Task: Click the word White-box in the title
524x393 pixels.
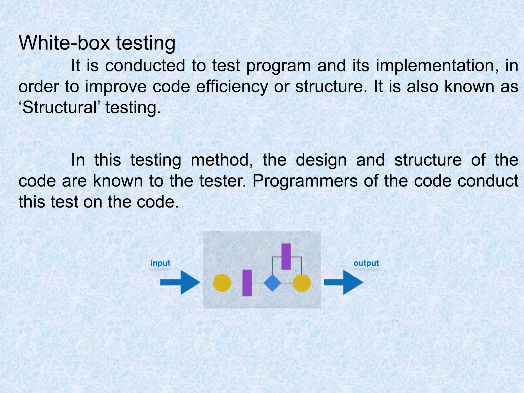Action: tap(64, 43)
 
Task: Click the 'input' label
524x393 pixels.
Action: tap(160, 263)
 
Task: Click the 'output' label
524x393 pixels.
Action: tap(366, 263)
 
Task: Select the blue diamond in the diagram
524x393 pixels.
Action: tap(272, 283)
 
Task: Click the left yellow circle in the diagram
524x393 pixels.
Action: tap(222, 283)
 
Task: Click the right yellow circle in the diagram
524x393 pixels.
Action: tap(302, 283)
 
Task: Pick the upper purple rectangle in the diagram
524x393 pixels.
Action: tap(286, 256)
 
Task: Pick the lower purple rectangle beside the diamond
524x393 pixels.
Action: tap(247, 283)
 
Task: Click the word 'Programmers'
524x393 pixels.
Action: tap(305, 181)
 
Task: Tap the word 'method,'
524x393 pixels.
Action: tap(222, 160)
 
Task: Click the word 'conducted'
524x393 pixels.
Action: tap(145, 65)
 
